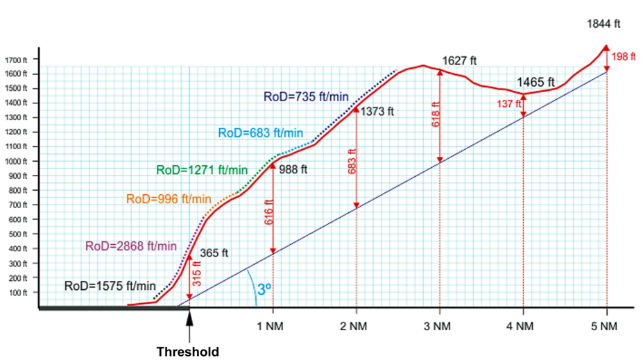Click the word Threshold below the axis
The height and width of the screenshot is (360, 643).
187,352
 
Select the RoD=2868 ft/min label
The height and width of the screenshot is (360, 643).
131,246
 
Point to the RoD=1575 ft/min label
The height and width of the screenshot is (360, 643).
110,285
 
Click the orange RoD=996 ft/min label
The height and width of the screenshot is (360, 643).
169,199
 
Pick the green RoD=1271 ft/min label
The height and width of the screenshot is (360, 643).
202,170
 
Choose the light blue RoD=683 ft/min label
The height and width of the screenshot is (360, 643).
261,133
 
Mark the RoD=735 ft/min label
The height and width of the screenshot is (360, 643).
305,96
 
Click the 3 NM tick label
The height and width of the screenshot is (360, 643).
440,325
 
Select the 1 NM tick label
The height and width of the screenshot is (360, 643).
273,325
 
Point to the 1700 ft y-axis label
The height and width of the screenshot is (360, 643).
16,60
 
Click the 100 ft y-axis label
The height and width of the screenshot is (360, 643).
18,293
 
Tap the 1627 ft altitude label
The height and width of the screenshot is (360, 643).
459,61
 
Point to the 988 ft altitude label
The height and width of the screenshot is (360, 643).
293,169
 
